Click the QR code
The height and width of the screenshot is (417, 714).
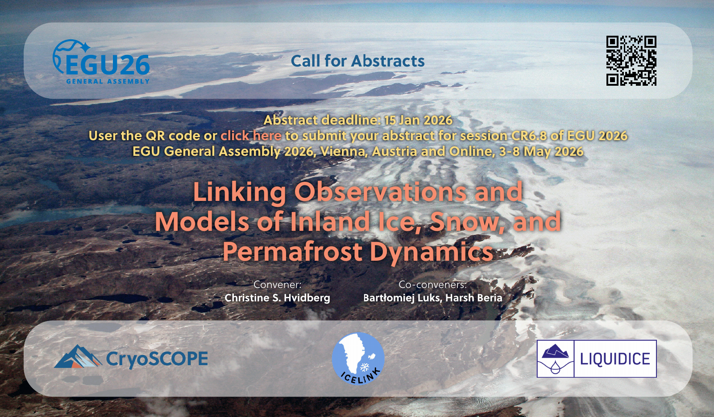631,61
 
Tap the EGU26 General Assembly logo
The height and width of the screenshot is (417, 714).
101,62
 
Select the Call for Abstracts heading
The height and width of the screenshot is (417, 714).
357,61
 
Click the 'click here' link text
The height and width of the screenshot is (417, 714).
251,136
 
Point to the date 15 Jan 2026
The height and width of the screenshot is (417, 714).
418,120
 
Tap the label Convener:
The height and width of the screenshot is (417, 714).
277,284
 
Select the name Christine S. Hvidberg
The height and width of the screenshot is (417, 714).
277,298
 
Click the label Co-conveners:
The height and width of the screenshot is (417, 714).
432,284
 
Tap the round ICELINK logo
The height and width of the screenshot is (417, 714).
358,359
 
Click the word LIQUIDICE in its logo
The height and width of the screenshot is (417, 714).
615,359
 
